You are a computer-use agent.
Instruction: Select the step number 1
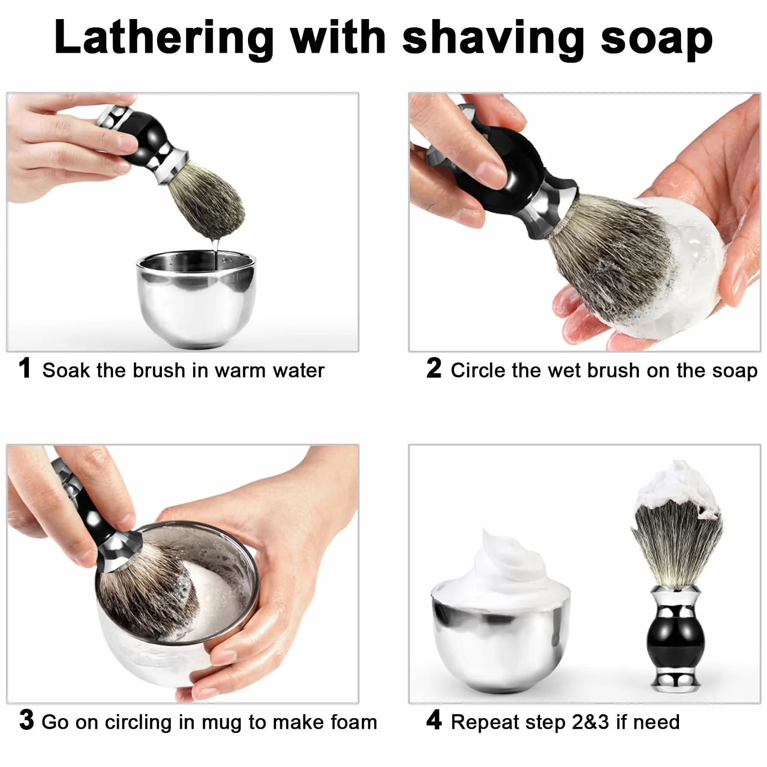25,368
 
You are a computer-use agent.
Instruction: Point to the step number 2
433,368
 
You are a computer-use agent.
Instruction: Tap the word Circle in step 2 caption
478,370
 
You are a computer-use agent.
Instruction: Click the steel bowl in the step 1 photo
196,298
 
